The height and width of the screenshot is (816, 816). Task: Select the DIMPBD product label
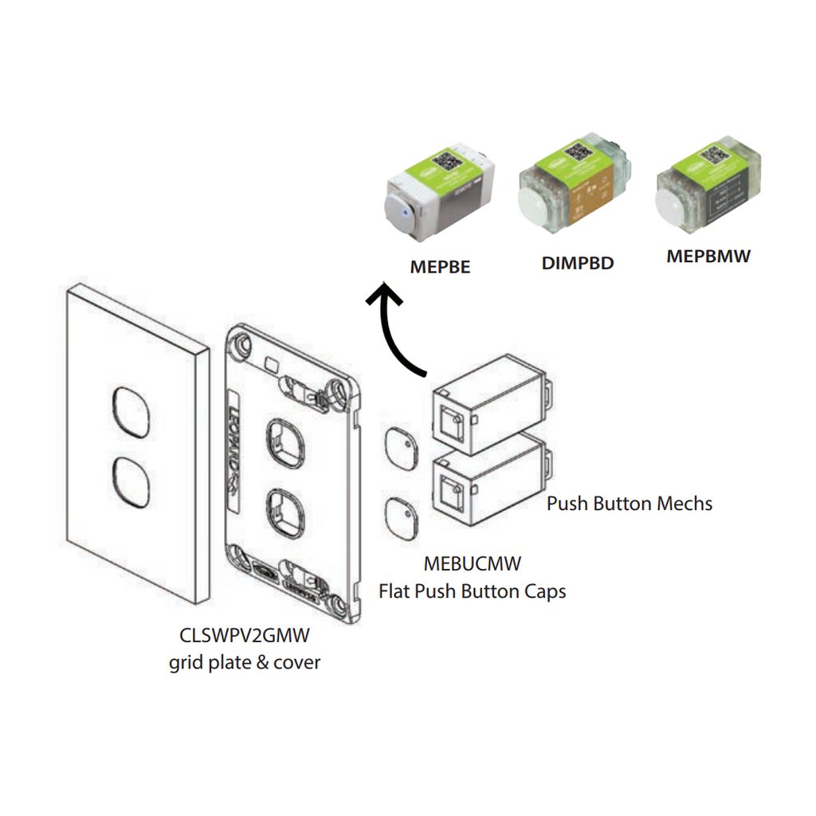click(x=578, y=263)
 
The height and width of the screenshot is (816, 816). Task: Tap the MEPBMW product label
click(x=708, y=257)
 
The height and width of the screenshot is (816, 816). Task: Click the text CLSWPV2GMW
click(x=244, y=637)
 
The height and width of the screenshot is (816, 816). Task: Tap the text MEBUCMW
click(x=472, y=565)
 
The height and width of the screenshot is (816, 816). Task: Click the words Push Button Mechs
click(x=629, y=504)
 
